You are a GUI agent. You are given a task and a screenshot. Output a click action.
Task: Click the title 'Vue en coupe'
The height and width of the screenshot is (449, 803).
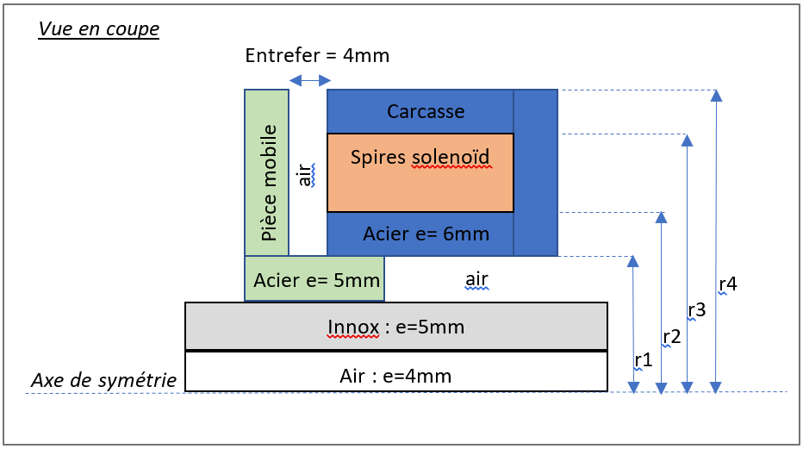click(98, 28)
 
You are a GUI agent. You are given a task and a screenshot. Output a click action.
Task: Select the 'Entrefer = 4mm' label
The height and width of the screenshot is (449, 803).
click(317, 56)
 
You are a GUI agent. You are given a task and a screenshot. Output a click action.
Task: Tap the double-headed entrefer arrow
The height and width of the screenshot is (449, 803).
click(309, 80)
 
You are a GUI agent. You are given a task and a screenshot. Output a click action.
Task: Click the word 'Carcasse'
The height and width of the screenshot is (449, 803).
click(426, 111)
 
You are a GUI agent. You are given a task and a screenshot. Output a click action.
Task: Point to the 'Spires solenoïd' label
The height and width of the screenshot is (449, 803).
click(420, 158)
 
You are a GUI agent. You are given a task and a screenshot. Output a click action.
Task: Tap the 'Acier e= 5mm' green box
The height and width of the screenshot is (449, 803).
click(314, 279)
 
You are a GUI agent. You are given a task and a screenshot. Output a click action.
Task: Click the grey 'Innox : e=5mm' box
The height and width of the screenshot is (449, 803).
click(396, 327)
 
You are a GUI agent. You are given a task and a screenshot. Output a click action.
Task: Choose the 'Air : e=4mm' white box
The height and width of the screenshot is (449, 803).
click(396, 376)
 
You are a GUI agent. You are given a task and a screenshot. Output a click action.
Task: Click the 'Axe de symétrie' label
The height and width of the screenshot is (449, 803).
click(104, 380)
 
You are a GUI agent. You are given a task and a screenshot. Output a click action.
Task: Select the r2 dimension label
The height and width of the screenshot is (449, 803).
click(671, 337)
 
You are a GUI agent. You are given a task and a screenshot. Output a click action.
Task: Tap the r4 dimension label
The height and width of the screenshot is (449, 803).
click(727, 284)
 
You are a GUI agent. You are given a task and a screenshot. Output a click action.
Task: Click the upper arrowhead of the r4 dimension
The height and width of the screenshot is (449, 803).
click(715, 94)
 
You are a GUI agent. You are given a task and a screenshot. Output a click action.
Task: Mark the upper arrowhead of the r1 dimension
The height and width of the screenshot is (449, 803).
click(633, 261)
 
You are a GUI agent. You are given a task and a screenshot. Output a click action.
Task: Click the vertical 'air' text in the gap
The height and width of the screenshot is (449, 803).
click(304, 175)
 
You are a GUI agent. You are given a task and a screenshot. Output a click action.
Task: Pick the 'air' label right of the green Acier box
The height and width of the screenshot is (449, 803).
click(476, 279)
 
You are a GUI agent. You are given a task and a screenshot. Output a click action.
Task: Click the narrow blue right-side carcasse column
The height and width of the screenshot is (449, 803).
click(536, 172)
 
